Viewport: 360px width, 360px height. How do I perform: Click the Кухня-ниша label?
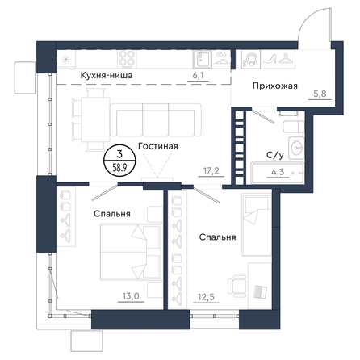click(x=107, y=75)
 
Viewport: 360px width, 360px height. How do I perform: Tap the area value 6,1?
click(x=198, y=76)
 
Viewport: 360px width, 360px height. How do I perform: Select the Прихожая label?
click(x=275, y=86)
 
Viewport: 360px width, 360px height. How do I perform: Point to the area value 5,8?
click(x=320, y=94)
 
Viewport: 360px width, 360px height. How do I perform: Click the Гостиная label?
click(x=158, y=146)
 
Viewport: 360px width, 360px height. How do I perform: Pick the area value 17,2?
click(x=211, y=170)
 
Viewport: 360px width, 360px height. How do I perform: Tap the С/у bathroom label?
click(x=275, y=155)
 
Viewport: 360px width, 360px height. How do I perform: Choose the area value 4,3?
click(x=278, y=172)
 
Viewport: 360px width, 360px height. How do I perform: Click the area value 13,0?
click(x=131, y=296)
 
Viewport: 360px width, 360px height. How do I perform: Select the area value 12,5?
click(x=206, y=297)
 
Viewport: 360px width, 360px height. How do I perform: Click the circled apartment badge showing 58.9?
click(x=119, y=161)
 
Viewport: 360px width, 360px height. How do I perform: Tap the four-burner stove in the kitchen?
click(x=127, y=59)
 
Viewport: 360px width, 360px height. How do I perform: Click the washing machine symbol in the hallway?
click(x=251, y=60)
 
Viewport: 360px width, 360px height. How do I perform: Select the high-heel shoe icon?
click(x=270, y=59)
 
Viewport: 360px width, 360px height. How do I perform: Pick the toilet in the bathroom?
click(x=293, y=127)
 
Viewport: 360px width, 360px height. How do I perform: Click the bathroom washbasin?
click(x=296, y=148)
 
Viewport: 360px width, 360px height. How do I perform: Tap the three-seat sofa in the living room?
click(x=156, y=120)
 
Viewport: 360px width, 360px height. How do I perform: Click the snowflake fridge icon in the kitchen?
click(x=66, y=59)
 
